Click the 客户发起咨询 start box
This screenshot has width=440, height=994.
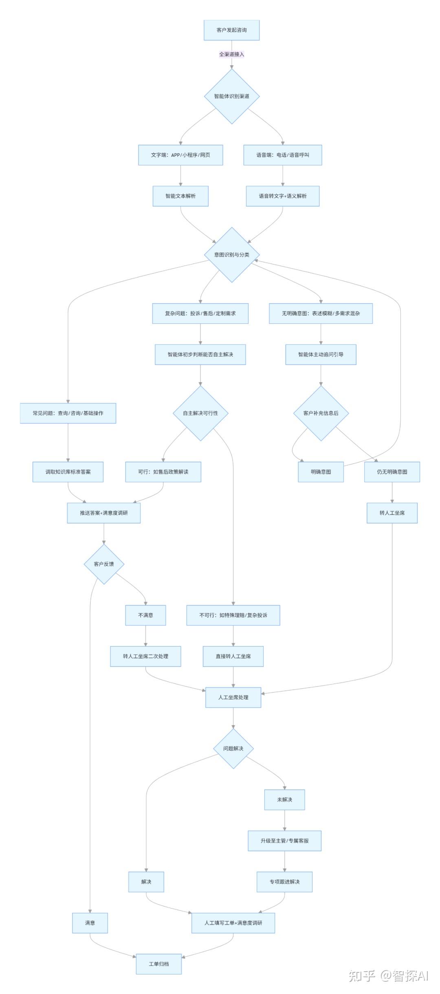pyautogui.click(x=231, y=30)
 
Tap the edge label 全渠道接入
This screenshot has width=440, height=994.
pyautogui.click(x=231, y=54)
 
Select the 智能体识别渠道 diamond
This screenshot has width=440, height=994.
pyautogui.click(x=232, y=96)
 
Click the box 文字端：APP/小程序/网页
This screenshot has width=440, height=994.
pyautogui.click(x=180, y=155)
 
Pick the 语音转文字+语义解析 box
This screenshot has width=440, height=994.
pyautogui.click(x=283, y=196)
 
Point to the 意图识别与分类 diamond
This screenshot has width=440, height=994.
pyautogui.click(x=232, y=255)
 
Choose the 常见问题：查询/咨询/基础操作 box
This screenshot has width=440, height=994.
pyautogui.click(x=68, y=413)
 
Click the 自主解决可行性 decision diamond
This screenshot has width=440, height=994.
pyautogui.click(x=200, y=413)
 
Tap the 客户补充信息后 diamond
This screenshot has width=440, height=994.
pyautogui.click(x=321, y=413)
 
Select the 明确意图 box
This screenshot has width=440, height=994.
pyautogui.click(x=321, y=472)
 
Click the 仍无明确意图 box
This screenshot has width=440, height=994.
pyautogui.click(x=392, y=472)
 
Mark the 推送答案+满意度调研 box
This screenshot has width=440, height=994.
pyautogui.click(x=104, y=513)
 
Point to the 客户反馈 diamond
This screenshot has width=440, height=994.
pyautogui.click(x=104, y=564)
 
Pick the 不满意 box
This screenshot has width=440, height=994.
pyautogui.click(x=145, y=615)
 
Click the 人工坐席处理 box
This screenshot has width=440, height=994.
pyautogui.click(x=233, y=697)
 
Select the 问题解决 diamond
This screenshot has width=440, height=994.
pyautogui.click(x=233, y=749)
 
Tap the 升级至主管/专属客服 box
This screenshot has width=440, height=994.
pyautogui.click(x=284, y=841)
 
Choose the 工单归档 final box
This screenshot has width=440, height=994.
pyautogui.click(x=158, y=964)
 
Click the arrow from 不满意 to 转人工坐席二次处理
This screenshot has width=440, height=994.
pyautogui.click(x=145, y=636)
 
